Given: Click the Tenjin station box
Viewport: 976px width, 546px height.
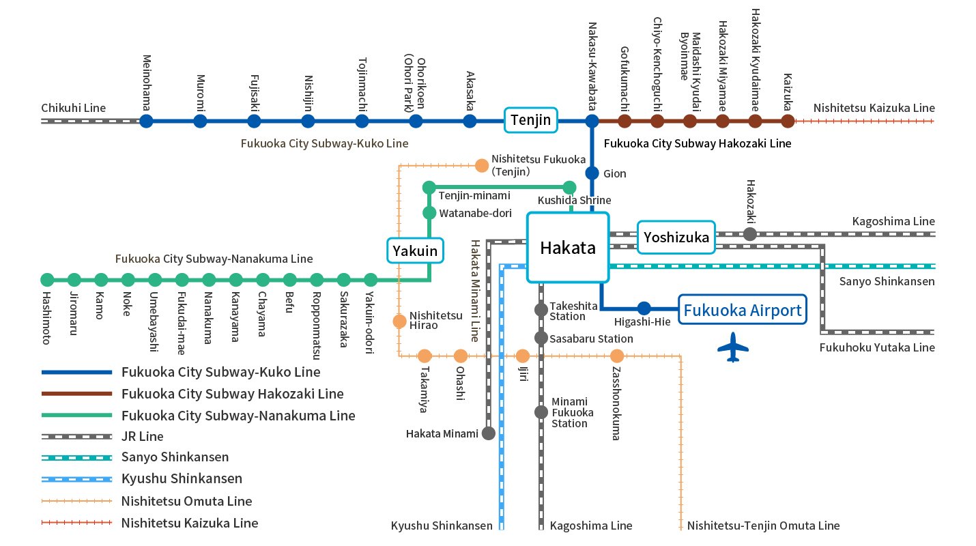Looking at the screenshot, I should pyautogui.click(x=530, y=121).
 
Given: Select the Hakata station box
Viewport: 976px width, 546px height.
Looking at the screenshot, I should pyautogui.click(x=567, y=247).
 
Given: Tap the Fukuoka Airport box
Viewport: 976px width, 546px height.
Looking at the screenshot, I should pyautogui.click(x=743, y=311).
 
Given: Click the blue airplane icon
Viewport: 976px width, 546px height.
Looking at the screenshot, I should pyautogui.click(x=733, y=347).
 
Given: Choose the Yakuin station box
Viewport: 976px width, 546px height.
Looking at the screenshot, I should pyautogui.click(x=415, y=250).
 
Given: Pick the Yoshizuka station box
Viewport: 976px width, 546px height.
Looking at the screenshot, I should pyautogui.click(x=676, y=237).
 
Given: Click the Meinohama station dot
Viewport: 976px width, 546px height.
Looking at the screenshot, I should pyautogui.click(x=146, y=121).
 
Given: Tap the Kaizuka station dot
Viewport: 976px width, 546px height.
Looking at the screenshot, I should pyautogui.click(x=788, y=121).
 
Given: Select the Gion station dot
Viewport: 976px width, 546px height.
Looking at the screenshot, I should pyautogui.click(x=592, y=173).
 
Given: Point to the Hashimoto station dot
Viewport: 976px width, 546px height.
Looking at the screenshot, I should pyautogui.click(x=47, y=280).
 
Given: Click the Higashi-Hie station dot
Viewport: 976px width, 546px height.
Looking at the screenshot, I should pyautogui.click(x=644, y=308).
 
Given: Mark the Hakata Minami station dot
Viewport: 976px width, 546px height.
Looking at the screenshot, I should pyautogui.click(x=489, y=433).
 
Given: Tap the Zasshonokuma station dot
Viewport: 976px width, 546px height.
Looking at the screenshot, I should pyautogui.click(x=617, y=356).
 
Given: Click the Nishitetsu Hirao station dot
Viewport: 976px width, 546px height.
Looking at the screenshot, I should pyautogui.click(x=399, y=321).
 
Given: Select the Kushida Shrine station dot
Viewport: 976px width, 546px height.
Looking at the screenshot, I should pyautogui.click(x=569, y=188).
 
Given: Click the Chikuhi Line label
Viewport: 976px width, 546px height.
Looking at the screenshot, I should pyautogui.click(x=74, y=108).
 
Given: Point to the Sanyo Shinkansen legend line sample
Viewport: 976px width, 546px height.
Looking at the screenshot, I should pyautogui.click(x=76, y=457).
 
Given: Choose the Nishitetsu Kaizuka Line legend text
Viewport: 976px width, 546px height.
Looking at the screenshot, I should pyautogui.click(x=190, y=523).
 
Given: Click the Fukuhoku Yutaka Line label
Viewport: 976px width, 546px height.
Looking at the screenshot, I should pyautogui.click(x=877, y=347).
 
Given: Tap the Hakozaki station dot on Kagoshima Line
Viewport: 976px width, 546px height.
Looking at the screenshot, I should pyautogui.click(x=750, y=234).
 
